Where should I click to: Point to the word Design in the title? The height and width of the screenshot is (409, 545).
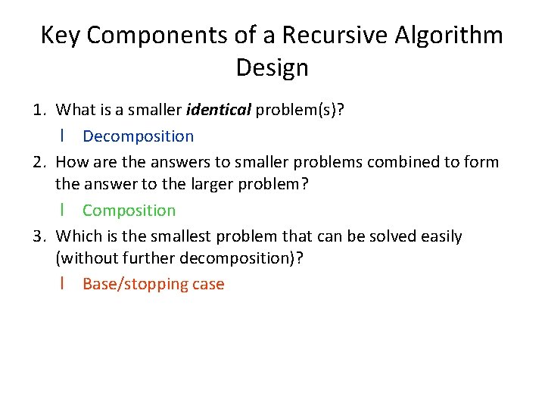pyautogui.click(x=272, y=67)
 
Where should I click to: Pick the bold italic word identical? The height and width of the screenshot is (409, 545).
pyautogui.click(x=218, y=111)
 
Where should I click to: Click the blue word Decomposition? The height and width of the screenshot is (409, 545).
pyautogui.click(x=138, y=136)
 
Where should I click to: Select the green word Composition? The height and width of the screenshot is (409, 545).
pyautogui.click(x=129, y=211)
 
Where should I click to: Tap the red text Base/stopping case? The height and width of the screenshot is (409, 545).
pyautogui.click(x=153, y=284)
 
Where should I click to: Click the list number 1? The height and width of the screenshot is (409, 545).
pyautogui.click(x=39, y=111)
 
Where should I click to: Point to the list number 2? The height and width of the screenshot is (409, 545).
pyautogui.click(x=39, y=162)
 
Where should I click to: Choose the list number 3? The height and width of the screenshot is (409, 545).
pyautogui.click(x=39, y=236)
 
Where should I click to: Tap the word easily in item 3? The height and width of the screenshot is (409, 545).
pyautogui.click(x=435, y=236)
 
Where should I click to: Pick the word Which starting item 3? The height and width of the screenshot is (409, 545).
pyautogui.click(x=79, y=236)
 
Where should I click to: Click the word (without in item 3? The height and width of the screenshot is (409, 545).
pyautogui.click(x=89, y=258)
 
